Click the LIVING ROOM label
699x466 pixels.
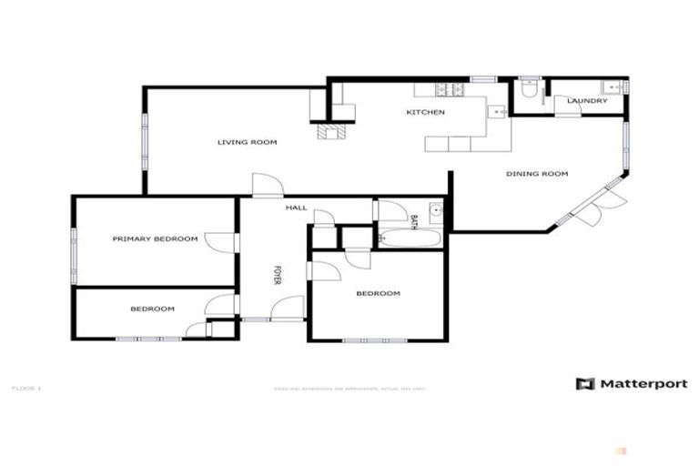pos(247,142)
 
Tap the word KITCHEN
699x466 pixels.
pos(425,112)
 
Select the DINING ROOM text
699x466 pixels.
pos(537,173)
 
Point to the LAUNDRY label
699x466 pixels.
pos(586,100)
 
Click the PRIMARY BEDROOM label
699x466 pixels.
pos(155,238)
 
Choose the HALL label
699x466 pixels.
pos(296,208)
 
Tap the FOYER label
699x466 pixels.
pos(278,276)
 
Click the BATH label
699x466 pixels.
pos(413,220)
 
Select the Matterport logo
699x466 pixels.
pos(631,384)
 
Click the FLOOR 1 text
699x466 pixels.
pos(26,389)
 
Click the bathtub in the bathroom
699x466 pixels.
pos(410,238)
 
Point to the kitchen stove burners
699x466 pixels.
pos(450,89)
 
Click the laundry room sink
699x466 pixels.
pos(615,88)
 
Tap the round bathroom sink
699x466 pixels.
pos(435,210)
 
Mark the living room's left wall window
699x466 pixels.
pos(144,142)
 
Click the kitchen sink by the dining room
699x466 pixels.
pos(497,112)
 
